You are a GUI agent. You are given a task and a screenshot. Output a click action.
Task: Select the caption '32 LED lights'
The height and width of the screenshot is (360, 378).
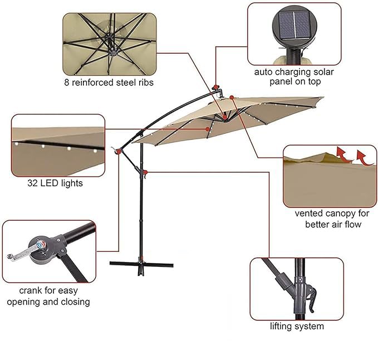point(55,183)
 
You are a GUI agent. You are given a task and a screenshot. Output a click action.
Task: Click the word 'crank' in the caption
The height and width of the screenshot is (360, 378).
point(32,290)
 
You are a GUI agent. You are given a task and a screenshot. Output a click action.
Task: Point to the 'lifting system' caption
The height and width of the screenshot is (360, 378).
point(297,326)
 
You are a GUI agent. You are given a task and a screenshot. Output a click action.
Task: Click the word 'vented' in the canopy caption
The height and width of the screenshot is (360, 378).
point(308,213)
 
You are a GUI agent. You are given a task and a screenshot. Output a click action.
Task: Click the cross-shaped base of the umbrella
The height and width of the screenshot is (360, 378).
point(140,264)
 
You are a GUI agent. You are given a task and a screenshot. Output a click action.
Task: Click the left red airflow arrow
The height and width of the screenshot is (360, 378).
point(341,153)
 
